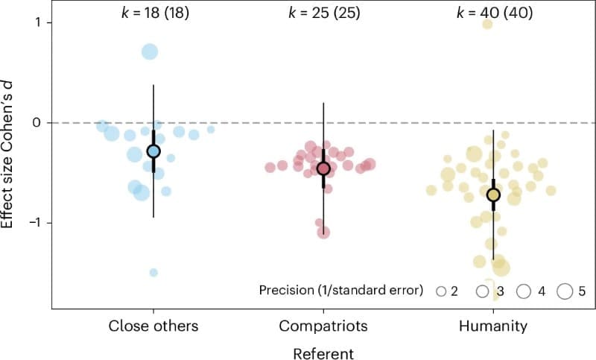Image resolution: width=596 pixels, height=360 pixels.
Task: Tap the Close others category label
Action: (x=153, y=326)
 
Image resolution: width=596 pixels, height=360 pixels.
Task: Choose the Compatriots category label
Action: (x=323, y=326)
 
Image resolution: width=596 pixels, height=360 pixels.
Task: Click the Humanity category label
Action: (x=492, y=326)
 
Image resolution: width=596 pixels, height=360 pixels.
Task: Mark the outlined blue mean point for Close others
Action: (x=153, y=151)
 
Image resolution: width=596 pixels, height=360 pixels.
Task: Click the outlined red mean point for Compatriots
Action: (x=323, y=168)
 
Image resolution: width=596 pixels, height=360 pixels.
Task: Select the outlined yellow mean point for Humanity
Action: (x=492, y=195)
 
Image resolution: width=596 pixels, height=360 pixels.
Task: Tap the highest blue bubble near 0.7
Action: (x=150, y=51)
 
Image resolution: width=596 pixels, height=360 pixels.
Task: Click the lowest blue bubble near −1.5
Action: (x=153, y=273)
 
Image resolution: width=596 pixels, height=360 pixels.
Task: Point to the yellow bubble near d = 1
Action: (x=487, y=24)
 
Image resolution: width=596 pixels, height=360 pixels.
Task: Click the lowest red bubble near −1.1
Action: (x=323, y=233)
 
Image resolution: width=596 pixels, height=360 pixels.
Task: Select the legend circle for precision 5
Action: (x=565, y=291)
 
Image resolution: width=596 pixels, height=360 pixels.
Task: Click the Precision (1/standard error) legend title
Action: (x=343, y=290)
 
